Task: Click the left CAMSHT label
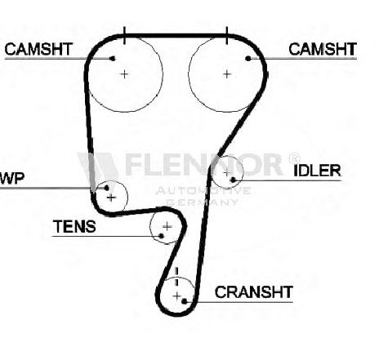(x=38, y=49)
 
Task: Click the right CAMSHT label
(x=323, y=49)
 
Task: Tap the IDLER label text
(x=317, y=171)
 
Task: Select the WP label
(x=12, y=178)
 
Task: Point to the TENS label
(x=74, y=226)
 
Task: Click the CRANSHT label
(x=254, y=292)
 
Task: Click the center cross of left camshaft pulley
(x=124, y=74)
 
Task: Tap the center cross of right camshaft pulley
(x=227, y=74)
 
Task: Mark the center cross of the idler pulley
(x=226, y=172)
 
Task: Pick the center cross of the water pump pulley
(x=111, y=198)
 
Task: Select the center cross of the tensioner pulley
(x=167, y=226)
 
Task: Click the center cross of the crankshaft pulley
(x=177, y=296)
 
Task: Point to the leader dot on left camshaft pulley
(x=112, y=59)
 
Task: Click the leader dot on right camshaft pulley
(x=248, y=59)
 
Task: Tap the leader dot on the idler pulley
(x=233, y=180)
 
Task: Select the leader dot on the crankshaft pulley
(x=185, y=301)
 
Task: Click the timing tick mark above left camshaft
(x=124, y=35)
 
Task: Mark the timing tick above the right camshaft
(x=227, y=35)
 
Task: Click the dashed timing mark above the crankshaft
(x=176, y=277)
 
